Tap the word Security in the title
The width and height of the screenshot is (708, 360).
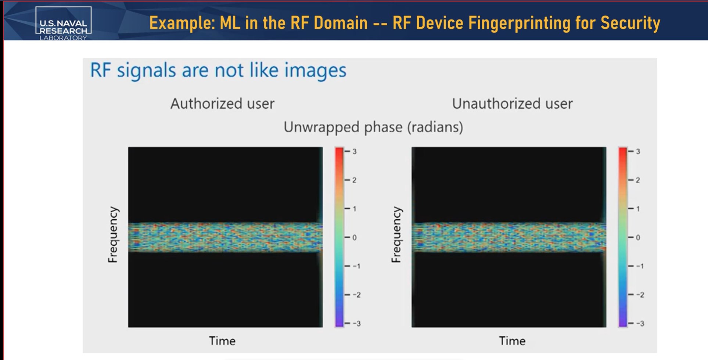click(x=630, y=23)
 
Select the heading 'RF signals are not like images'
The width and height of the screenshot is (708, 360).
click(x=218, y=70)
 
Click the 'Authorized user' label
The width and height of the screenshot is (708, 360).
click(x=222, y=104)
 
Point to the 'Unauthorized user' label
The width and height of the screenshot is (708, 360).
click(x=512, y=104)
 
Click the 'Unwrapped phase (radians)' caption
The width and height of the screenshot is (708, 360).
click(x=373, y=127)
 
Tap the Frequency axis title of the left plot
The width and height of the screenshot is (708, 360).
click(x=113, y=235)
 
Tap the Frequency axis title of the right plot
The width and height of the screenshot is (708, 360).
click(x=396, y=235)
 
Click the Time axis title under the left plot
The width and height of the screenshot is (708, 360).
click(x=222, y=341)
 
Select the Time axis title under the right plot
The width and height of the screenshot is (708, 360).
click(x=512, y=341)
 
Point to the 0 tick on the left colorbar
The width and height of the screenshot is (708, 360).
click(x=355, y=238)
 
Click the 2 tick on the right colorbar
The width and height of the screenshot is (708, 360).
click(x=638, y=180)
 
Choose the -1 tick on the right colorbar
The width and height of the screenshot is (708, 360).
click(x=640, y=266)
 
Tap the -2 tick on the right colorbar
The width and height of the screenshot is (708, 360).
click(x=640, y=295)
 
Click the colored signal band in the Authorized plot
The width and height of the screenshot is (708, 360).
click(x=225, y=237)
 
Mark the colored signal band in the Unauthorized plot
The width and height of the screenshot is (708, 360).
click(x=509, y=237)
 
